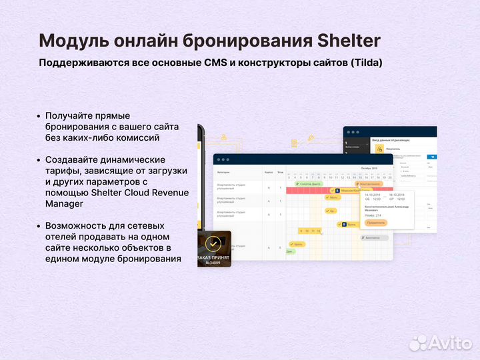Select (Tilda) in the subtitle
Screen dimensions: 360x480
365,63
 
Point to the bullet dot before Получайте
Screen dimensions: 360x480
39,116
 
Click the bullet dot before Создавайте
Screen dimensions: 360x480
39,160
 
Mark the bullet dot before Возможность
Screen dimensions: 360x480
39,226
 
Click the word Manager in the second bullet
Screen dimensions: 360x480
64,204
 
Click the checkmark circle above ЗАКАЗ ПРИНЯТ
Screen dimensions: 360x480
213,243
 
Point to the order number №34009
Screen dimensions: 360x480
213,263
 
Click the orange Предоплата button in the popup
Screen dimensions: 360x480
375,223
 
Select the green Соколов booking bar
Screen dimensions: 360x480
307,183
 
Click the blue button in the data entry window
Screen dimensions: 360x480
433,159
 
